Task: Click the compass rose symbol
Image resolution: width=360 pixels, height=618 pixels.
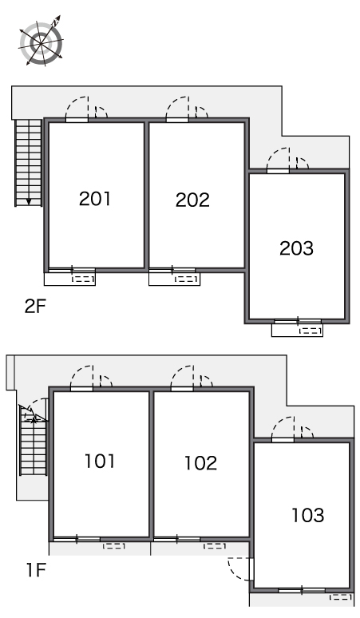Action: pos(41,41)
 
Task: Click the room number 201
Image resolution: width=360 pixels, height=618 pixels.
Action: pos(95,199)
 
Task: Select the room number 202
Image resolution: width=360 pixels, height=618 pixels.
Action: pos(192,200)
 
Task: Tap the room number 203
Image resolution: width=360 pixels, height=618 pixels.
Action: pos(296,248)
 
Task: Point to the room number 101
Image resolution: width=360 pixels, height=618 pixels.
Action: pos(100,462)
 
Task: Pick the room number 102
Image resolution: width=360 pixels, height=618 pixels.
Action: pos(201,463)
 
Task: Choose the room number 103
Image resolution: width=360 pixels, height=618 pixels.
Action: pos(308,515)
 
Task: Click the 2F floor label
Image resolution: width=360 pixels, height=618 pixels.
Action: pos(35,307)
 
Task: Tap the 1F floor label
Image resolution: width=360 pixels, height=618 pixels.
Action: pos(36,570)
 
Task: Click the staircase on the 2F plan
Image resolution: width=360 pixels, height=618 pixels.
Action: pos(29,163)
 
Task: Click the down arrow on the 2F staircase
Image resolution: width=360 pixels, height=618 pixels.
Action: pos(29,202)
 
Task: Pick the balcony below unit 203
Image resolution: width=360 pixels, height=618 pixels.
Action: pos(298,330)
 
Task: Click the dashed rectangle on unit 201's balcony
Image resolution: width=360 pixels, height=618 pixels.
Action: pos(84,279)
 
